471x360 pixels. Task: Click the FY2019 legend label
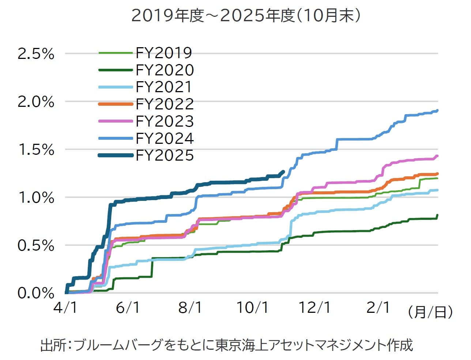(x=164, y=53)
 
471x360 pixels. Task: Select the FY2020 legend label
(x=165, y=70)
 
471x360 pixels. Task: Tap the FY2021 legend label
(x=164, y=87)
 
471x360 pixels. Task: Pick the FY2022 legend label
(x=165, y=104)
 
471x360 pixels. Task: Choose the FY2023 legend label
(x=165, y=121)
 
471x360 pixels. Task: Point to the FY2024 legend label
(x=165, y=138)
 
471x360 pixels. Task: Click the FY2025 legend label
(x=165, y=155)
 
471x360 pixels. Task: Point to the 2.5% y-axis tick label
(x=36, y=54)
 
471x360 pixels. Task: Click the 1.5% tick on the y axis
(x=36, y=150)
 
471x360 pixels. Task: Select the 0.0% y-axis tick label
(x=36, y=293)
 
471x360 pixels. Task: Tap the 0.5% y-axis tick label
(x=36, y=245)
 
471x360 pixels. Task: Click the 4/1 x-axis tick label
(x=65, y=308)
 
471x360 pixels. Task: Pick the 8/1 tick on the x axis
(x=190, y=308)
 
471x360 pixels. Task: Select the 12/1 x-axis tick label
(x=315, y=308)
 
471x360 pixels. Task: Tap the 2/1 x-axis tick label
(x=378, y=308)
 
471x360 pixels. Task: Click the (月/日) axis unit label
(x=430, y=312)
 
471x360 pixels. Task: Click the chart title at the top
(x=246, y=16)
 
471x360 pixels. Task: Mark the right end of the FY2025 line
(x=283, y=171)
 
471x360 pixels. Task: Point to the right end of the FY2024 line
(x=437, y=110)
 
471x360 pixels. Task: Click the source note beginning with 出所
(x=226, y=345)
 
